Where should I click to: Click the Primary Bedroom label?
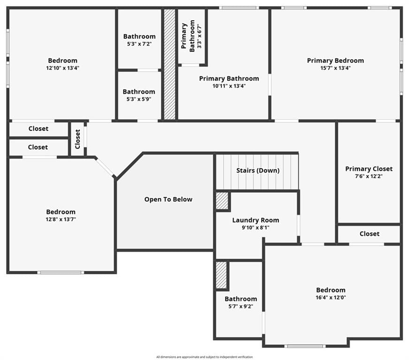coord(335,60)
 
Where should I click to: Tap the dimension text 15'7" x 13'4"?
coord(335,68)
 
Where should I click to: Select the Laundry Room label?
coord(256,220)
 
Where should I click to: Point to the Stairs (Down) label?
coord(258,171)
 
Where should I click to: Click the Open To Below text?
coord(168,199)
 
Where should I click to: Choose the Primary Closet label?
coord(369,169)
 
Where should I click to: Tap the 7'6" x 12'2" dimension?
coord(369,176)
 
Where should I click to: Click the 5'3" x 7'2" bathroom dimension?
coord(139,44)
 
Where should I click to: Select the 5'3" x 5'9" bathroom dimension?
coord(139,99)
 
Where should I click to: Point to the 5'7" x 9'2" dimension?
coord(241,306)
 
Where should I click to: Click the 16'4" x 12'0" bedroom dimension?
coord(331,298)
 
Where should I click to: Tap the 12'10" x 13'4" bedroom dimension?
coord(62,68)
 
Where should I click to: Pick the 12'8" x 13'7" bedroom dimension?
coord(61,219)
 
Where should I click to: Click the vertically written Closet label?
coord(77,139)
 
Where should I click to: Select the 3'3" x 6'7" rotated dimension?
coord(199,36)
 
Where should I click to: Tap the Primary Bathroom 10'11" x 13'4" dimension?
coord(229,86)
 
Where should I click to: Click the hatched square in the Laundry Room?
coord(222,201)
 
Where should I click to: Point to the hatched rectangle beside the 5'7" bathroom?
coord(221,275)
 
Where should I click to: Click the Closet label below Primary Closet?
coord(369,234)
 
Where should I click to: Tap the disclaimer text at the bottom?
coord(204,357)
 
